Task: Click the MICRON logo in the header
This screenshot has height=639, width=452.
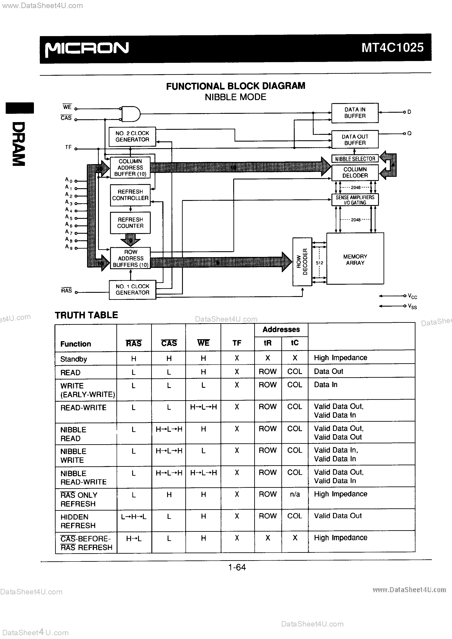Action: (87, 49)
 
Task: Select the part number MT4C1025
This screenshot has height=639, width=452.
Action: (392, 47)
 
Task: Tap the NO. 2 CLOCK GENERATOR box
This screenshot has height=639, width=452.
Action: (132, 136)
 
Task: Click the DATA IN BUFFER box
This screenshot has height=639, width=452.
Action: (355, 113)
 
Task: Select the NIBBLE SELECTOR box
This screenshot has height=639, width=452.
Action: (355, 159)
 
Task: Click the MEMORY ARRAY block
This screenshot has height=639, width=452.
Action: (355, 259)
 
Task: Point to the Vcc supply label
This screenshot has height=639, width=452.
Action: (412, 296)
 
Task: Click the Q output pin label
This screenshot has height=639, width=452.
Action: (409, 133)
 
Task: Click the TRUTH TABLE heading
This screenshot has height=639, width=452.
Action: (86, 315)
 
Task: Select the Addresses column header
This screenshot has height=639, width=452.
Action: (281, 330)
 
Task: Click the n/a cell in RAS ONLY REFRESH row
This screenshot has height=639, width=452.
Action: (295, 495)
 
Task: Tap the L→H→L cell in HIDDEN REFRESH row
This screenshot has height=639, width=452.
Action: (134, 516)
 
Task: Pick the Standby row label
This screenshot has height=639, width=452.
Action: (74, 359)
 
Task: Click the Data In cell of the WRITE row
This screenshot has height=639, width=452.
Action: (326, 385)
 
